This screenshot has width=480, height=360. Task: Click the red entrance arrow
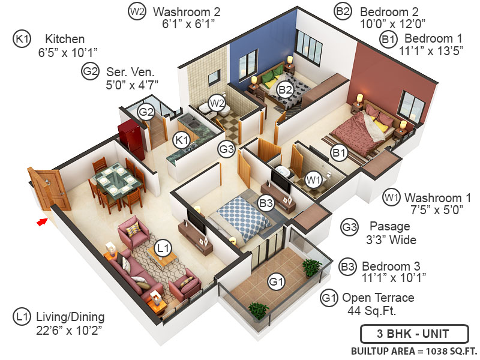point(41,222)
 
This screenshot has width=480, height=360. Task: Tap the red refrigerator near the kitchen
point(131,139)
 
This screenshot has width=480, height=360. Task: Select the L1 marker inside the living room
point(163,247)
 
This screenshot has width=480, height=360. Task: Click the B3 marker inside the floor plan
point(266,203)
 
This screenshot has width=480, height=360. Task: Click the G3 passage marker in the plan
point(226,149)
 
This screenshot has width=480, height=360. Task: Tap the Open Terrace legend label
point(378,298)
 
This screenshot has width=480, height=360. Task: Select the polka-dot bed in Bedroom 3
point(243,217)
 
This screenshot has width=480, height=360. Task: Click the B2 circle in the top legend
point(343,11)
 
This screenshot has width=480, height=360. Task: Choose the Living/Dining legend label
point(70,317)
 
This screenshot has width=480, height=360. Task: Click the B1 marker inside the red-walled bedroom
point(340,153)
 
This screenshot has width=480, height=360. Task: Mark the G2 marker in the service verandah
point(146,112)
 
